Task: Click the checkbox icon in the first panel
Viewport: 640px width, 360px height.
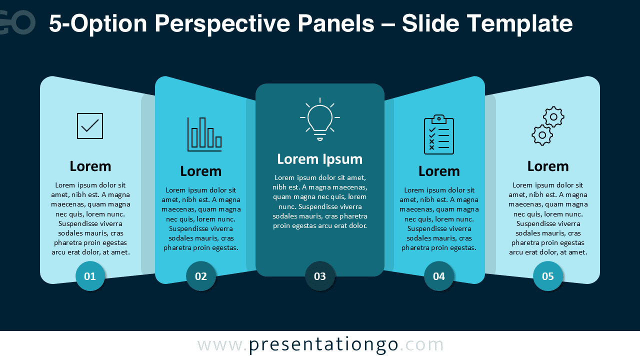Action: [90, 126]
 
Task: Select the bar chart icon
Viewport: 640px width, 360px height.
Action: [204, 134]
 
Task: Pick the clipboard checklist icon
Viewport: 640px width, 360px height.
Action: [439, 134]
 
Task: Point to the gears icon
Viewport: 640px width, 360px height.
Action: [547, 126]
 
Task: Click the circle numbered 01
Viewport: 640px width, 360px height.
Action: [90, 276]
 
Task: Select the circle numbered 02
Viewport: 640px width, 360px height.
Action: [201, 276]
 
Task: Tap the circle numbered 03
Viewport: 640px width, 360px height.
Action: [320, 276]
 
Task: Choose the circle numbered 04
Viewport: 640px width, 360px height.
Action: [439, 276]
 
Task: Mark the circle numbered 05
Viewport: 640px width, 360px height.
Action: [548, 276]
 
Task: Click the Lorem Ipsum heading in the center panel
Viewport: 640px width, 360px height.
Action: [320, 159]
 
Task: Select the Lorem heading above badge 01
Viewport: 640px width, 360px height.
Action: [90, 166]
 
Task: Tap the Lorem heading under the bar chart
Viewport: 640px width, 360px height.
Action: [201, 171]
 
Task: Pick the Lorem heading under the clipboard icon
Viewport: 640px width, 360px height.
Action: [439, 171]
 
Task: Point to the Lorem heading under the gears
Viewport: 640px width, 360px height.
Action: [548, 166]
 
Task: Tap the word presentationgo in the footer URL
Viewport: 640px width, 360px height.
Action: [323, 345]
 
